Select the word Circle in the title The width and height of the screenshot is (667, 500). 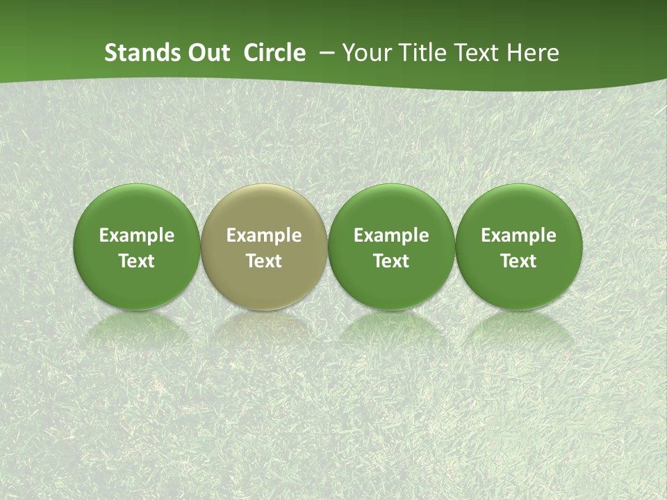pyautogui.click(x=274, y=53)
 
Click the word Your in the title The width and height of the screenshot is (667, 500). pyautogui.click(x=363, y=53)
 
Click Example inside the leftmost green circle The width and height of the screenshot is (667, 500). pyautogui.click(x=137, y=235)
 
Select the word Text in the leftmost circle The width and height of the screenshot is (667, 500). pyautogui.click(x=137, y=261)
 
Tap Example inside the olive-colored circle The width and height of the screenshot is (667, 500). pyautogui.click(x=264, y=235)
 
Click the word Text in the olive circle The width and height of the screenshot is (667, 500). pyautogui.click(x=264, y=261)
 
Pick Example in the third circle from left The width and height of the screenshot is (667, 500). pyautogui.click(x=391, y=235)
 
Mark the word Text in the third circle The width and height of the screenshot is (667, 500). pyautogui.click(x=391, y=261)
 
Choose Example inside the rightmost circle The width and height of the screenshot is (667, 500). pyautogui.click(x=518, y=235)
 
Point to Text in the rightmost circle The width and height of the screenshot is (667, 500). pyautogui.click(x=518, y=261)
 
